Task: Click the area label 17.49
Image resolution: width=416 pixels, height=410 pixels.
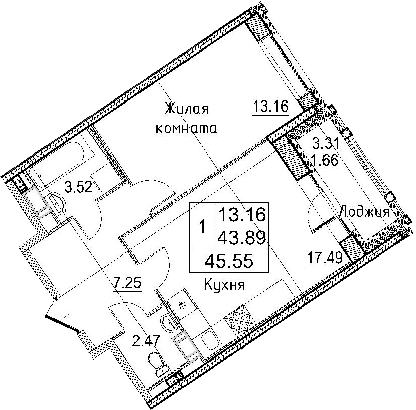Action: [x=325, y=258]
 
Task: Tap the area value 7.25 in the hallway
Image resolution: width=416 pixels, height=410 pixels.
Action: [x=127, y=283]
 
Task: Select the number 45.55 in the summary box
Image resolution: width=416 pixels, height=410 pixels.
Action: [x=228, y=261]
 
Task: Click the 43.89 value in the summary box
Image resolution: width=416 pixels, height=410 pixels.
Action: [x=242, y=237]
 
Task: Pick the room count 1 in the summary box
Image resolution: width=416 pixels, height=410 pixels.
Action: [x=202, y=226]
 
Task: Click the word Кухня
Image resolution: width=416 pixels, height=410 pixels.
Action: [x=224, y=285]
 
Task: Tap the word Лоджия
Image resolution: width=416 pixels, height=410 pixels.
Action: [x=364, y=212]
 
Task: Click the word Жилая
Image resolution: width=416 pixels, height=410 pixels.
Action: [x=187, y=109]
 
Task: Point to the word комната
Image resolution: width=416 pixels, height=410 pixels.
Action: [x=186, y=129]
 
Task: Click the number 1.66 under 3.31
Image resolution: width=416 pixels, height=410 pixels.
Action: [x=326, y=160]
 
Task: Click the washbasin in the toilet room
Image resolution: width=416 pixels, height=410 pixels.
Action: [x=168, y=324]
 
